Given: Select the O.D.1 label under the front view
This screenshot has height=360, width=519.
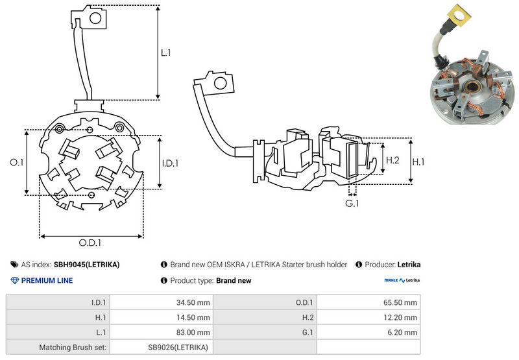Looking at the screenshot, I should click(x=91, y=243).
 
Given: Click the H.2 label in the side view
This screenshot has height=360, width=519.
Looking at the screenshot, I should click(x=392, y=160).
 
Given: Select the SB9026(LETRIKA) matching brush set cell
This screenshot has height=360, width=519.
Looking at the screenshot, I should click(x=178, y=347).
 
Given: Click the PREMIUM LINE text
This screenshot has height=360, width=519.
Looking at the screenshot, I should click(x=47, y=281).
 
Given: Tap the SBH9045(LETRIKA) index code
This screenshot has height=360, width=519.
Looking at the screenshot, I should click(x=86, y=265).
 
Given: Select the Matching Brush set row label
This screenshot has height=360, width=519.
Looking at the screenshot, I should click(x=73, y=347).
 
